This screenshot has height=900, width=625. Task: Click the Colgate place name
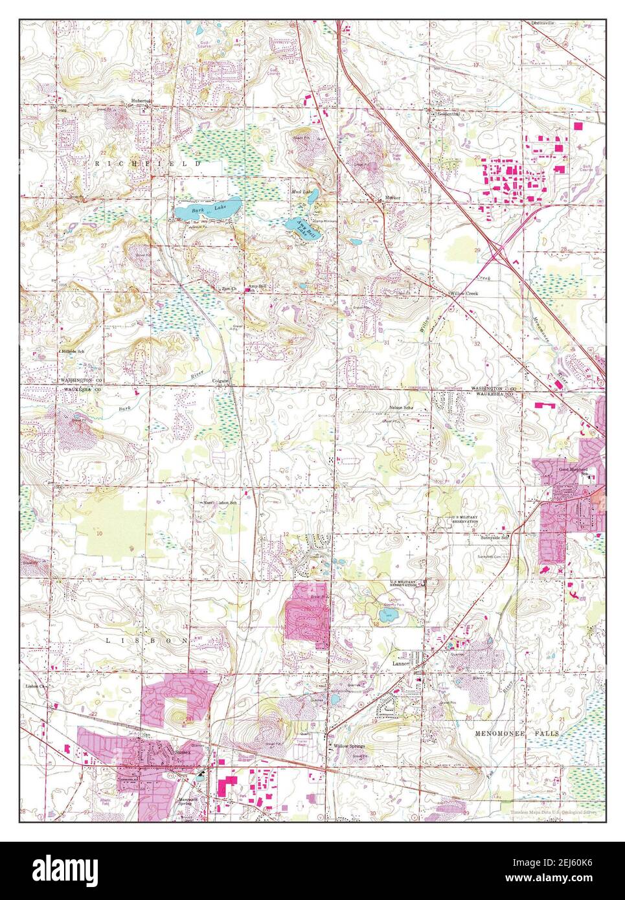tap(222, 381)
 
